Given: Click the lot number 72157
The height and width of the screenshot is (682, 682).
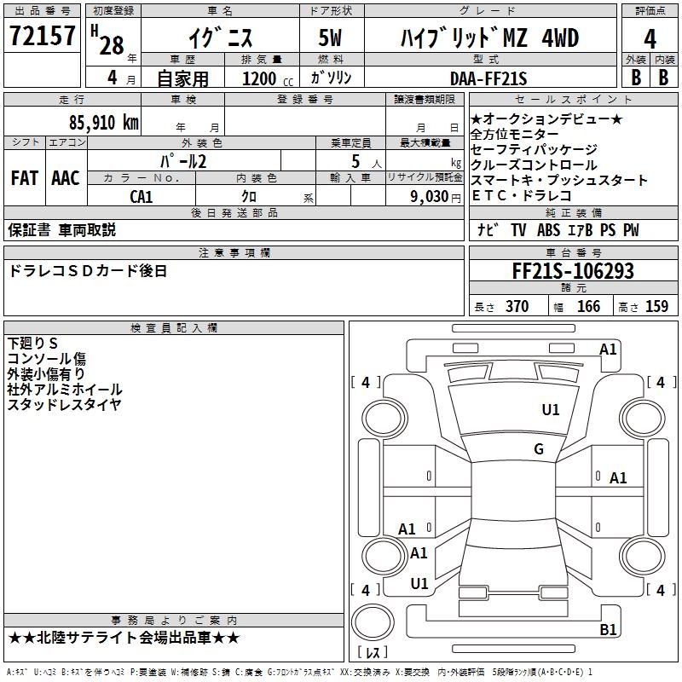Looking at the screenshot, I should (x=42, y=37).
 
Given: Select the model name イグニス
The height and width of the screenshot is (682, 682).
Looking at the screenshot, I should (x=219, y=38).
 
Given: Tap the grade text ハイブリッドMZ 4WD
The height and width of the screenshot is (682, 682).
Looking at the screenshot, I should (x=489, y=38).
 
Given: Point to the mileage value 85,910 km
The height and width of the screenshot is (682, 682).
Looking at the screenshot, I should (x=104, y=122).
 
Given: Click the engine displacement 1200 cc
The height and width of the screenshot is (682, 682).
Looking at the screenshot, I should (x=266, y=78).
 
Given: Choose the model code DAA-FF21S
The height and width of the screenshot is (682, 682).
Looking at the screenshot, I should (x=488, y=78).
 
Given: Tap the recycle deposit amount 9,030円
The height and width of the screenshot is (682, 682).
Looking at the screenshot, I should (x=431, y=197).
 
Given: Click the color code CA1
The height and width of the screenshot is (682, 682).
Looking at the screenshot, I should (x=142, y=197).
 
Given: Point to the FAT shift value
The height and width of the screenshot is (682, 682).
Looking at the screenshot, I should (x=25, y=178).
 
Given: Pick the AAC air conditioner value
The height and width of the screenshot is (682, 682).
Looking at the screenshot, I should (x=66, y=178).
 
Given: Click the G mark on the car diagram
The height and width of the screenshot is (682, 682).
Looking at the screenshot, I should (x=539, y=449).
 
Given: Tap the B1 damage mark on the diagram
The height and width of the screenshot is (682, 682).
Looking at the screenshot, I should (x=608, y=630).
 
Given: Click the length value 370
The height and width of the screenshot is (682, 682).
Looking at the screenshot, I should (x=517, y=307).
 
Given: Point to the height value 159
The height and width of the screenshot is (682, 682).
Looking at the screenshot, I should (x=656, y=307).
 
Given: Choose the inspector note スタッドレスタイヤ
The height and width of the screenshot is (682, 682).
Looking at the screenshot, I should (x=65, y=405).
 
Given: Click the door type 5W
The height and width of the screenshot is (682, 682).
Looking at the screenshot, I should (x=331, y=38).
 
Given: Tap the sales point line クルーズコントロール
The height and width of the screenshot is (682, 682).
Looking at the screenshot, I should (x=534, y=165).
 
